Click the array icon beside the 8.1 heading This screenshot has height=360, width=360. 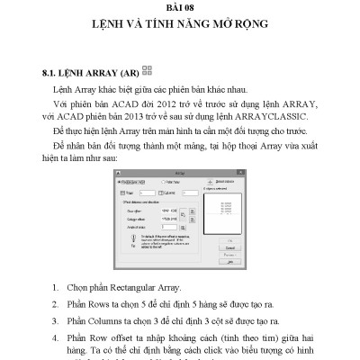pos(148,68)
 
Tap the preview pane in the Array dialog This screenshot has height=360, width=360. pos(223,212)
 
